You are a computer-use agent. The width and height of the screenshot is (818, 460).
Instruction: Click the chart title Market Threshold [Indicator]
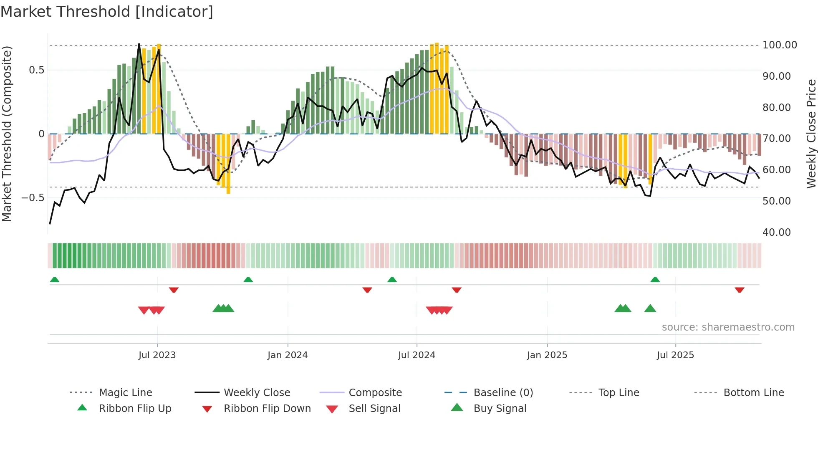click(107, 12)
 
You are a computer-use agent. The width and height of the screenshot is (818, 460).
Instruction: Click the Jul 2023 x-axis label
click(157, 355)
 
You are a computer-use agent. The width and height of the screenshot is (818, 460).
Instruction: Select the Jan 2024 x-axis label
click(288, 355)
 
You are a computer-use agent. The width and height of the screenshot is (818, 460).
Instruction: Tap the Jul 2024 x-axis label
click(417, 355)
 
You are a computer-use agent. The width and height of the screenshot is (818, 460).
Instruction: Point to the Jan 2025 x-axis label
click(547, 355)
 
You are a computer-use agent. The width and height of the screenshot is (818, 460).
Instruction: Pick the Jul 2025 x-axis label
click(675, 355)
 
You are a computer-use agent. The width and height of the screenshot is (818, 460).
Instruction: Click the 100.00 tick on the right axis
click(779, 45)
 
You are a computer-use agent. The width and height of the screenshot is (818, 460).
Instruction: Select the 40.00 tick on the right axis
click(776, 233)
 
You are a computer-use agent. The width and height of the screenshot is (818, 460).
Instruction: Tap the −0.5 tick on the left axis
click(33, 197)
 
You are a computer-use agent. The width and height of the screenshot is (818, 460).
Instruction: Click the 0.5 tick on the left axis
click(36, 70)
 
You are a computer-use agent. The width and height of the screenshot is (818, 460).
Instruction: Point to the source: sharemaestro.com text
click(728, 327)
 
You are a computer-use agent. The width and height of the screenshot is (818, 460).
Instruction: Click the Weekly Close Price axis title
click(811, 134)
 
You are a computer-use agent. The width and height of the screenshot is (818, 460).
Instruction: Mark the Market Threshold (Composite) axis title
click(7, 134)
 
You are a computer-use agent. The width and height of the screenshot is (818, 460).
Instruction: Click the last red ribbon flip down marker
click(739, 290)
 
